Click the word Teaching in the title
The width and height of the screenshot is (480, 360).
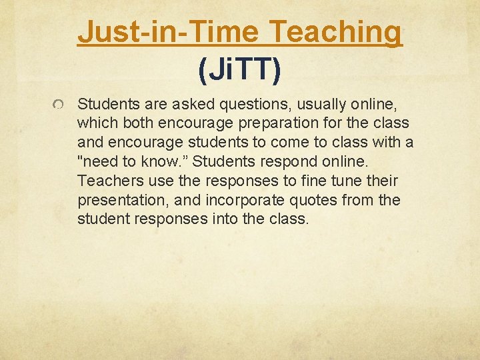338,31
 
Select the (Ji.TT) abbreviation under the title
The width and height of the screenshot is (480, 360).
239,69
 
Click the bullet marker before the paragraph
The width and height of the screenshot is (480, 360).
59,105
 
